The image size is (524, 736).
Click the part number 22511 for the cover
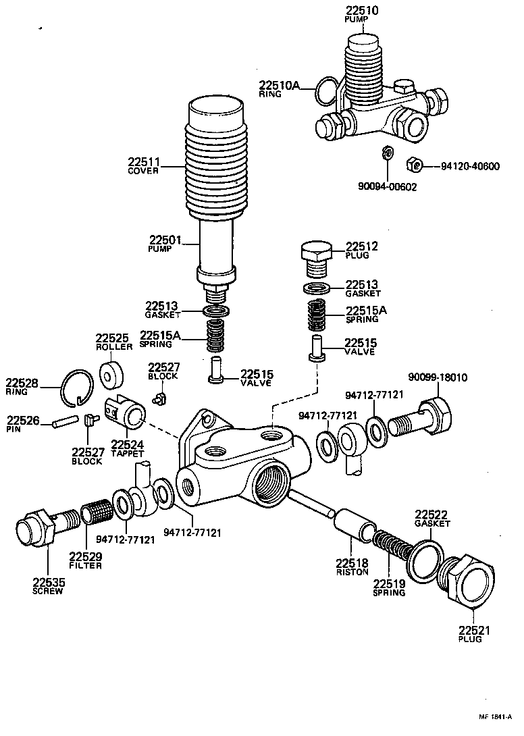pos(143,162)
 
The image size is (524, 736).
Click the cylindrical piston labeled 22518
pos(354,525)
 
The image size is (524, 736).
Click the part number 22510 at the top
pos(362,11)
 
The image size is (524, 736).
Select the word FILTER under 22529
pos(85,565)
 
